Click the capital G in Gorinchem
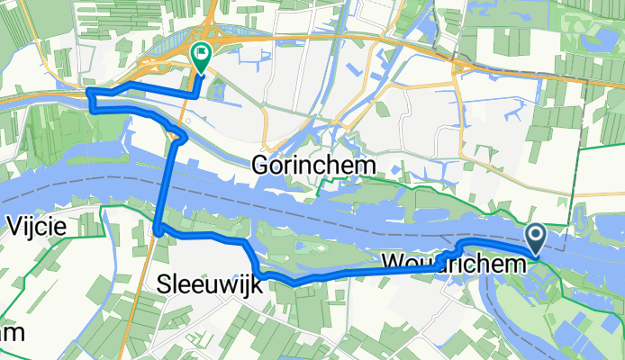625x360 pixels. [x=262, y=166]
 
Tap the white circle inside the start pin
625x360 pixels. [x=535, y=236]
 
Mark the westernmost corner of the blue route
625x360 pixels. [x=87, y=92]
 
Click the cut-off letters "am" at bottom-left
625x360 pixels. [x=11, y=333]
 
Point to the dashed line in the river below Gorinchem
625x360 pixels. [x=297, y=199]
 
